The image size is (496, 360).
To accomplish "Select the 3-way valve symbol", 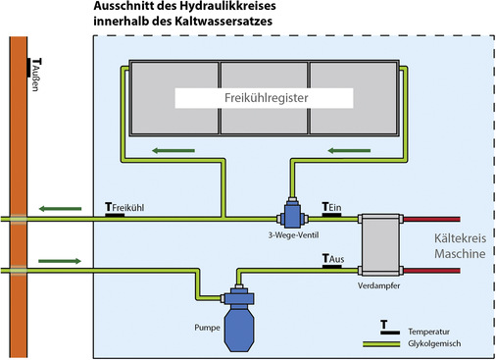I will pos(292,214).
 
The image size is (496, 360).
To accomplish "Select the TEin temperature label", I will pos(331,207).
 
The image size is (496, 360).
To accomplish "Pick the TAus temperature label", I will pos(333,260).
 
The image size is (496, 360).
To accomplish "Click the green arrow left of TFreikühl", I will pos(61,208).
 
